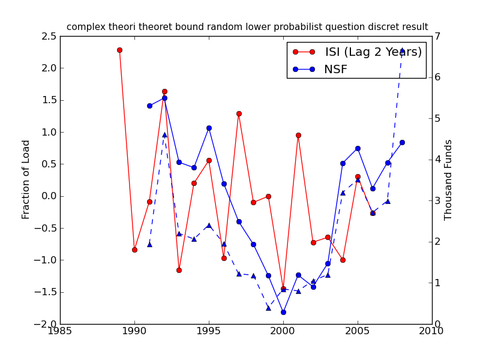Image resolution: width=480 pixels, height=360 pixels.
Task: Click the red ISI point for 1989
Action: [x=119, y=50]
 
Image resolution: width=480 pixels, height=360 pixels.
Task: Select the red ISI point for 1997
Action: [x=239, y=113]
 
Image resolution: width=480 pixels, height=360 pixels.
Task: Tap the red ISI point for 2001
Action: [x=298, y=135]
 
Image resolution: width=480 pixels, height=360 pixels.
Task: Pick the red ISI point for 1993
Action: [x=179, y=270]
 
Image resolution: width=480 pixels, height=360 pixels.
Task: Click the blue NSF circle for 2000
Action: [x=283, y=312]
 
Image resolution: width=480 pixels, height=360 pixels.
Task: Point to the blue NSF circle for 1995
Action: [x=209, y=128]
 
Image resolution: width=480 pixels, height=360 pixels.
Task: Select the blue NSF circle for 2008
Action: [x=402, y=142]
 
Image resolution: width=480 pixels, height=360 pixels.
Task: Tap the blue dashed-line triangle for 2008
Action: [x=402, y=50]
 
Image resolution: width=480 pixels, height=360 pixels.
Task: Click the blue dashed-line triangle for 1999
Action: [x=268, y=307]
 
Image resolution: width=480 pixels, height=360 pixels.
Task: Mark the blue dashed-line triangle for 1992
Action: [x=164, y=134]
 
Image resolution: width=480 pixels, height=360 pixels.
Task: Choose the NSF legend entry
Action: [x=335, y=70]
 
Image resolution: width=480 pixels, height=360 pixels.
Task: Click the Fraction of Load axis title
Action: [x=26, y=179]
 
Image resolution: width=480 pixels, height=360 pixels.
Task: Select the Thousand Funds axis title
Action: [x=448, y=180]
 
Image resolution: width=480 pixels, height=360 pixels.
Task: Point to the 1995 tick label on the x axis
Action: [x=209, y=331]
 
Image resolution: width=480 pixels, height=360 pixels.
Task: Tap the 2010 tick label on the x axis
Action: [x=432, y=331]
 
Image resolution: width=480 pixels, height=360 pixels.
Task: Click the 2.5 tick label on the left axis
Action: [x=50, y=37]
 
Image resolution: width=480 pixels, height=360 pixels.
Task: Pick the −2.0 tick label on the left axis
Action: [x=47, y=324]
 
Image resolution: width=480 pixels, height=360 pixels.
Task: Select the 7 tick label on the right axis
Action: [x=439, y=37]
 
